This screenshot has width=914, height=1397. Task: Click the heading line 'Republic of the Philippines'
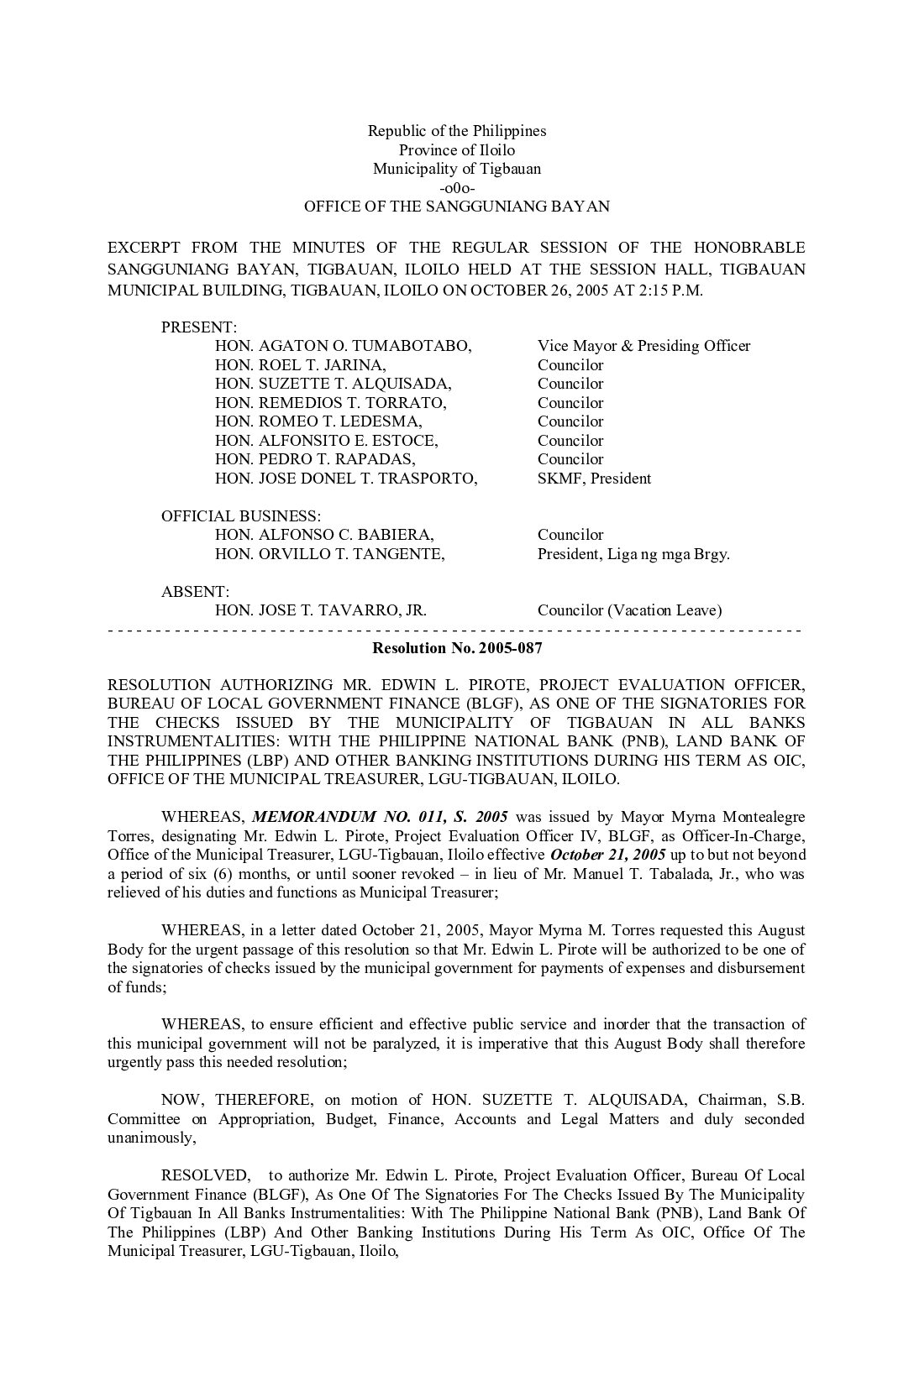click(457, 131)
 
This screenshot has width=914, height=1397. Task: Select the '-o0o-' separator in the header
click(457, 187)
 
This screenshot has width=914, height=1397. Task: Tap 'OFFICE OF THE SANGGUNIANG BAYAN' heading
click(457, 207)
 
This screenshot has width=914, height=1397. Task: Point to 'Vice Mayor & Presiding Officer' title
click(643, 346)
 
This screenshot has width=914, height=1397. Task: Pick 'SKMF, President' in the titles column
click(594, 479)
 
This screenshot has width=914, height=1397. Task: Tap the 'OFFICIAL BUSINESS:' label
click(241, 516)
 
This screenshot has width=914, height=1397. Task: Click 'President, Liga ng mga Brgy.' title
click(633, 554)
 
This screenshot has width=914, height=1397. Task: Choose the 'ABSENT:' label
click(195, 592)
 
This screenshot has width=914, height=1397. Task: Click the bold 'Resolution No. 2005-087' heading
click(457, 648)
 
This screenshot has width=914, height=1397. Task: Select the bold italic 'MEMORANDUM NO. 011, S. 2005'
click(380, 817)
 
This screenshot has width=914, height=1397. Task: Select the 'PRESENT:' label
click(199, 327)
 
